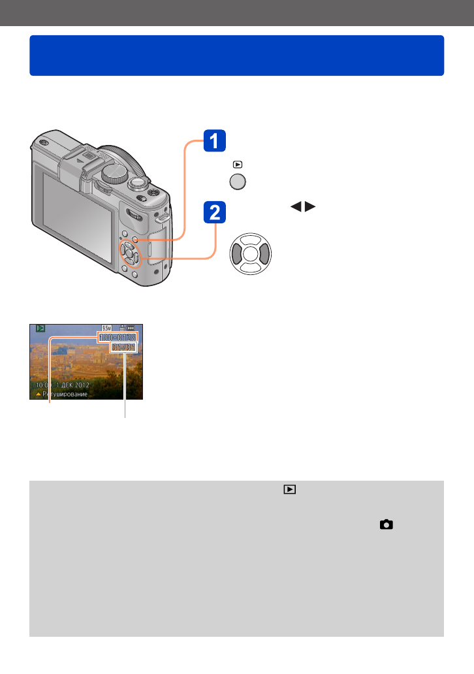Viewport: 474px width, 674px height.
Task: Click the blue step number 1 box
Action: click(x=215, y=142)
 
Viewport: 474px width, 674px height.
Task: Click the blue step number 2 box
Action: click(x=215, y=213)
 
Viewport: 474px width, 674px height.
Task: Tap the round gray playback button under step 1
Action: click(x=237, y=182)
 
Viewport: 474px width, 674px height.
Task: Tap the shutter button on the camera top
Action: click(x=138, y=182)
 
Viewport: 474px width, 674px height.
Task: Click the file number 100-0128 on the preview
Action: click(x=118, y=337)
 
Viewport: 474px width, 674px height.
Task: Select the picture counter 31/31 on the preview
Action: click(x=123, y=348)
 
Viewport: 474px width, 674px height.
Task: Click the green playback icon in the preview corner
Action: click(x=40, y=329)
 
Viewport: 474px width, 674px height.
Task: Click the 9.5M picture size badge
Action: click(x=106, y=329)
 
